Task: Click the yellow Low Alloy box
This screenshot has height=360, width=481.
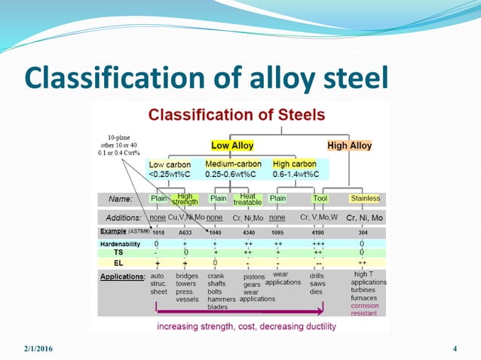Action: [232, 145]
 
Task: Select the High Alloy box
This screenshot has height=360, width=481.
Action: [349, 145]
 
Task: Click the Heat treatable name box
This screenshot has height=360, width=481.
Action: [247, 199]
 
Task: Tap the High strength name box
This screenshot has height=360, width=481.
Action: [185, 199]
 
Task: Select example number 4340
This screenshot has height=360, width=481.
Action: [253, 233]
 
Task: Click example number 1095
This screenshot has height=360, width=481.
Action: [277, 233]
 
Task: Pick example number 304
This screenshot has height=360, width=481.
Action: [362, 233]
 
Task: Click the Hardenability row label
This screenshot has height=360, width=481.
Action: [121, 245]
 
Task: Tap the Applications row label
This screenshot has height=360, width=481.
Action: [123, 276]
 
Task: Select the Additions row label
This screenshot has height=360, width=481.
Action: [124, 218]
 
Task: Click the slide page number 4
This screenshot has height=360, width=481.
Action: [455, 348]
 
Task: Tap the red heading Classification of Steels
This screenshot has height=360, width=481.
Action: [237, 115]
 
